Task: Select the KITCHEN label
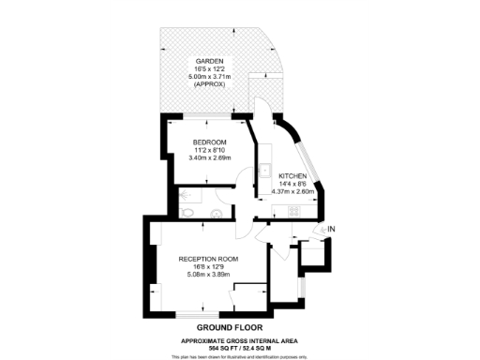pyautogui.click(x=293, y=175)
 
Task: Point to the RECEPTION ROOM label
pyautogui.click(x=208, y=258)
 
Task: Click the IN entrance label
pyautogui.click(x=332, y=228)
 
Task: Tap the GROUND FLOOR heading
pyautogui.click(x=240, y=327)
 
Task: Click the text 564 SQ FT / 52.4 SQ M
pyautogui.click(x=240, y=346)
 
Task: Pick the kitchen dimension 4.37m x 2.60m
pyautogui.click(x=293, y=190)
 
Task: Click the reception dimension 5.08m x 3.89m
pyautogui.click(x=208, y=273)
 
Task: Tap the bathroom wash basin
pyautogui.click(x=215, y=215)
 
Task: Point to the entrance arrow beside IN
pyautogui.click(x=322, y=228)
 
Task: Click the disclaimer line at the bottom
pyautogui.click(x=240, y=356)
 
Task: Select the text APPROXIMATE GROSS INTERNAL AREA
pyautogui.click(x=240, y=338)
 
